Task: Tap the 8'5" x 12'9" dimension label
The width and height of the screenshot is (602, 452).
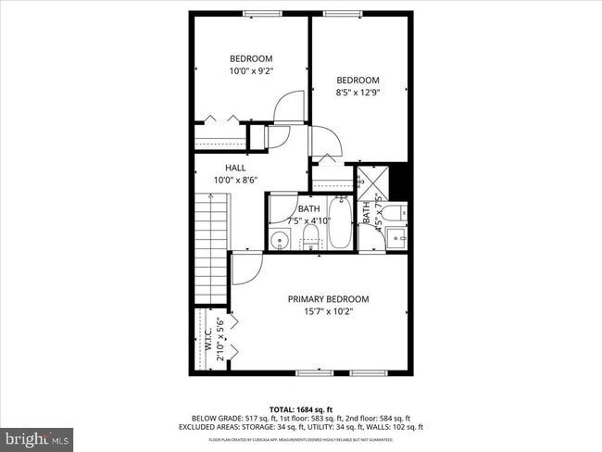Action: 357,92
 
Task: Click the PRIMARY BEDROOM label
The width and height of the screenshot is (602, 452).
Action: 328,299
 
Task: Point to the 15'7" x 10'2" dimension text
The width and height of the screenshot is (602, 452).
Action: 328,311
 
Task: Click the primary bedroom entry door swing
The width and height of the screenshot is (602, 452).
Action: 245,270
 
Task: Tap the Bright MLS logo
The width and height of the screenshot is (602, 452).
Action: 37,434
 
